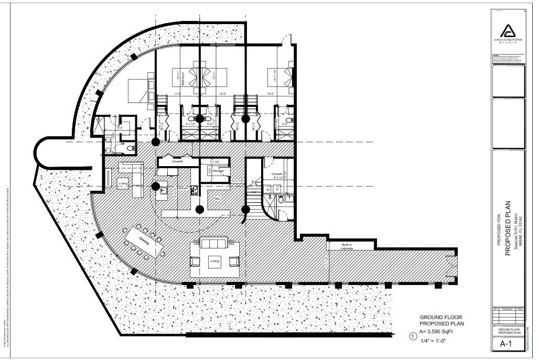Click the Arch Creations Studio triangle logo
(x=507, y=30)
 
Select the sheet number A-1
(x=505, y=344)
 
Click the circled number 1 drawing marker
(x=413, y=336)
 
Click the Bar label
(x=217, y=199)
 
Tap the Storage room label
(x=218, y=171)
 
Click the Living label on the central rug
(x=214, y=261)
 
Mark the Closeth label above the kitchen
(x=178, y=161)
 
